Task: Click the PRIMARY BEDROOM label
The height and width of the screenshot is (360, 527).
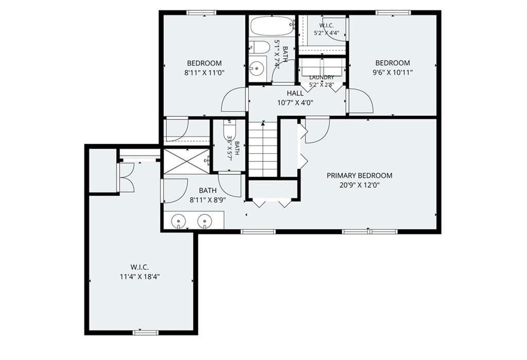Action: [x=359, y=175]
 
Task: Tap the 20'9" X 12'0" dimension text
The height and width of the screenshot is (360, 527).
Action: [x=359, y=185]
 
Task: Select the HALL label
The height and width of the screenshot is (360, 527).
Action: [x=295, y=93]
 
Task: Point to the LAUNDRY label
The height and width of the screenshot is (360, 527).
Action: [x=322, y=78]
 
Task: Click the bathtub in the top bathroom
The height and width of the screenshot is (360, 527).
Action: [x=272, y=26]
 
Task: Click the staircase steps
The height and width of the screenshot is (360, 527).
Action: [x=263, y=149]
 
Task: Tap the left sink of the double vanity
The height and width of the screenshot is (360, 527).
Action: [x=179, y=221]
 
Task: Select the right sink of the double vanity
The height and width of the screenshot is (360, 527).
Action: [x=204, y=221]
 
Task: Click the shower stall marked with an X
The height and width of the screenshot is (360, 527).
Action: [x=186, y=161]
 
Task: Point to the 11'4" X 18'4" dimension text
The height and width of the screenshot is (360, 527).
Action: [x=139, y=277]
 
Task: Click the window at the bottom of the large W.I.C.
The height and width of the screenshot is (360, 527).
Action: [x=146, y=333]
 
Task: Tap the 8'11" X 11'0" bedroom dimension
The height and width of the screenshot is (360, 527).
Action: [x=204, y=72]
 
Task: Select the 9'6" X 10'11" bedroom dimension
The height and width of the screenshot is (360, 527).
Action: [x=393, y=72]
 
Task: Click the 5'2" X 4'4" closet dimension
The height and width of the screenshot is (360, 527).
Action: [x=326, y=33]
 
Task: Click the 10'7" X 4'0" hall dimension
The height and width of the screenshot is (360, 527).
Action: [x=295, y=102]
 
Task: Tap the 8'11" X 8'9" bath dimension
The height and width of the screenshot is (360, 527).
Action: [x=208, y=200]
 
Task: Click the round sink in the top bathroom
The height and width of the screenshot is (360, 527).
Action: [x=256, y=68]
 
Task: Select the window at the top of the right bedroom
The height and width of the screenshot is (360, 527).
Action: [x=393, y=13]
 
